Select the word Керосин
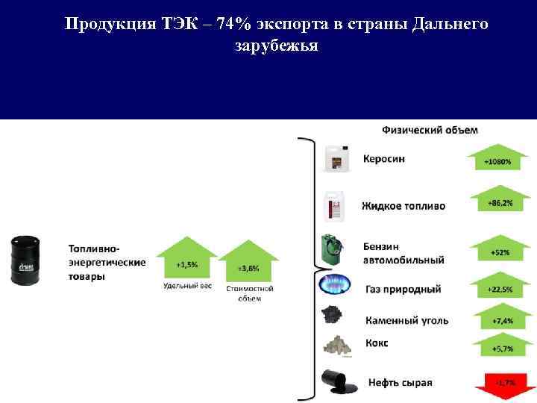384,159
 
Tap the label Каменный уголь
406,320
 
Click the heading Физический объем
430,130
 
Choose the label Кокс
377,343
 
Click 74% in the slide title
229,24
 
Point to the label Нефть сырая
398,382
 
